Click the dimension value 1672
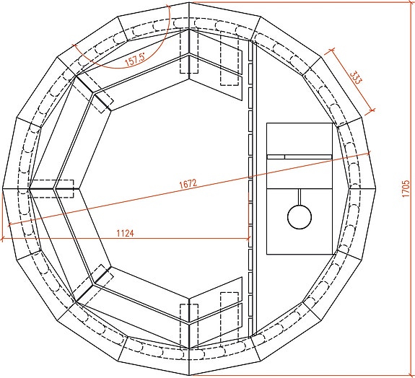click(x=188, y=183)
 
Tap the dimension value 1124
click(x=125, y=233)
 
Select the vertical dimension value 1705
click(x=406, y=188)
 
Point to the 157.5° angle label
click(x=135, y=60)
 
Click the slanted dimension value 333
click(x=355, y=77)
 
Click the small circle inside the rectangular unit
click(x=300, y=216)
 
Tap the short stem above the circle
click(x=300, y=197)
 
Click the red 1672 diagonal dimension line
click(x=189, y=189)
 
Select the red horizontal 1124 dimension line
click(x=125, y=239)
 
